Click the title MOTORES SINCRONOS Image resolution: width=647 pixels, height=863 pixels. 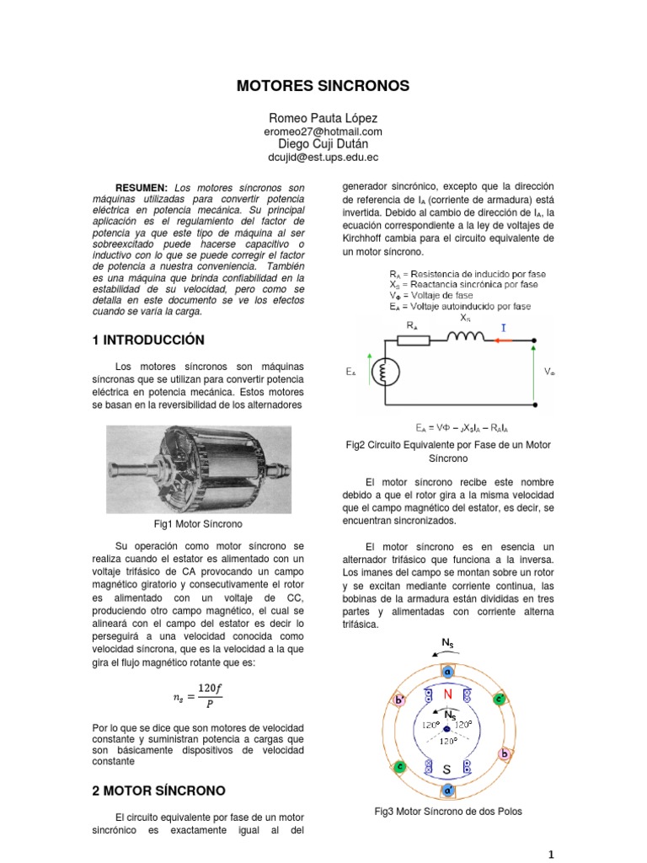323,86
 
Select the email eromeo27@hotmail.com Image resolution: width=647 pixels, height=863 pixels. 323,132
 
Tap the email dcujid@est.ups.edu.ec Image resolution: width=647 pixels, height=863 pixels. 323,157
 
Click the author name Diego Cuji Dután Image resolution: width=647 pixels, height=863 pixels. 323,144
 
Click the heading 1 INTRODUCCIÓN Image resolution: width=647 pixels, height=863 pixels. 148,340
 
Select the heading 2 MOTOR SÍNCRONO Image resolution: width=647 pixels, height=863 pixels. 158,791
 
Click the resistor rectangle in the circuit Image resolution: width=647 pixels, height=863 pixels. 412,340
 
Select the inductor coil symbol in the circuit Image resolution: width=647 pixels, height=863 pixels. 465,340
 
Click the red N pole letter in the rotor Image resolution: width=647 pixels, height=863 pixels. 448,694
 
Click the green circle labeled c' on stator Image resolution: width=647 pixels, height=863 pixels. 499,699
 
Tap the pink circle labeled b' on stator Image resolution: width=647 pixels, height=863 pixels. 399,700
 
